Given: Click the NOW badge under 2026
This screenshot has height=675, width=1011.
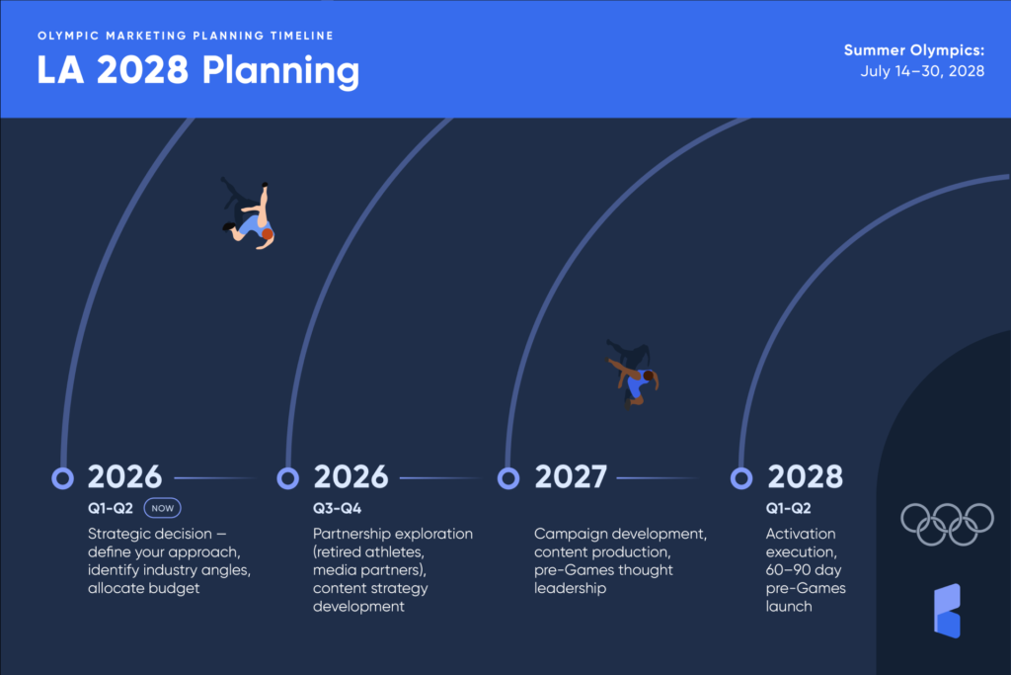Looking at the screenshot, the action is [x=162, y=508].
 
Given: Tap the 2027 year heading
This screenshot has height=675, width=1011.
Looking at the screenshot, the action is [x=571, y=477].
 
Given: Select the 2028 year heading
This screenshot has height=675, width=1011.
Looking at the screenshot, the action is [x=805, y=477].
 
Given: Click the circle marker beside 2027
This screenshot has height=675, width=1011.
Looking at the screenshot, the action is [x=508, y=478].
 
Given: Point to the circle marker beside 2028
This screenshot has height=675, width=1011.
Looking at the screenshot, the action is [x=741, y=478].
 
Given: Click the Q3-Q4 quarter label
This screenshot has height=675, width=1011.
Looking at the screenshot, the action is [x=338, y=509].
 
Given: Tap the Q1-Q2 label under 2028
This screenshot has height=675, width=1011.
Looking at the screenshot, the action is [x=789, y=509].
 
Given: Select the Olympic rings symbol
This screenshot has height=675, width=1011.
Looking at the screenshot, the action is [x=947, y=524].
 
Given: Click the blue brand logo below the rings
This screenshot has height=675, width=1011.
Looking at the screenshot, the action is [x=947, y=611].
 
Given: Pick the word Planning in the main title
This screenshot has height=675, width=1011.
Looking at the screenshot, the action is [x=280, y=71].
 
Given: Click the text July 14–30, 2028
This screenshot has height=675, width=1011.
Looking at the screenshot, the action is [x=922, y=71].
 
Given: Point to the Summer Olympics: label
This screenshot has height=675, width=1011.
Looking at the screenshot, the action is [x=914, y=49].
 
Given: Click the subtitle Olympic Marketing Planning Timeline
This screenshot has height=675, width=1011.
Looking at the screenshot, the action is [x=186, y=36].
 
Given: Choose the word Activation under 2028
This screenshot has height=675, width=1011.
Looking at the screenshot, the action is [x=801, y=534].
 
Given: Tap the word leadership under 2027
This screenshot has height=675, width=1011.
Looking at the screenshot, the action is [x=570, y=589].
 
